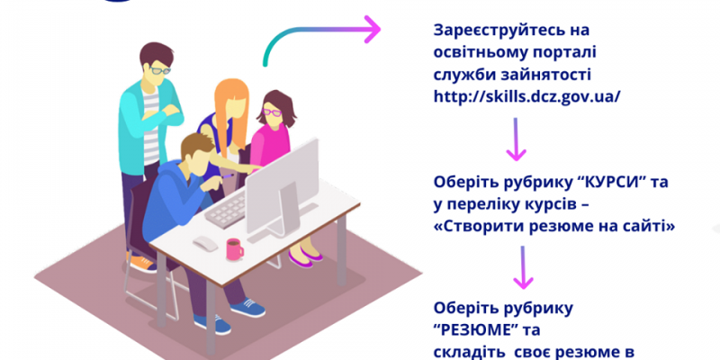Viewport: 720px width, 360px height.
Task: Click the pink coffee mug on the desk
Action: point(234,249)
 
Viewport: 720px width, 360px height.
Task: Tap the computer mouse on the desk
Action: point(205,243)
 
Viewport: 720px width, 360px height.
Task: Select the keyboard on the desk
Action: point(226,210)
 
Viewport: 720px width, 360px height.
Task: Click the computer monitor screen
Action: point(282,186)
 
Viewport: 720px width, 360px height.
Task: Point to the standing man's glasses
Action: point(160,70)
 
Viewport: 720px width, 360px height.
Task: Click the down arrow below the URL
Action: point(516,139)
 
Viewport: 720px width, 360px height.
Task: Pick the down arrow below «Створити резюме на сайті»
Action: point(523,267)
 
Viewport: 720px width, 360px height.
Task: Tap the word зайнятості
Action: point(545,75)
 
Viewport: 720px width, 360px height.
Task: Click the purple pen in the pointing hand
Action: point(227,175)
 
